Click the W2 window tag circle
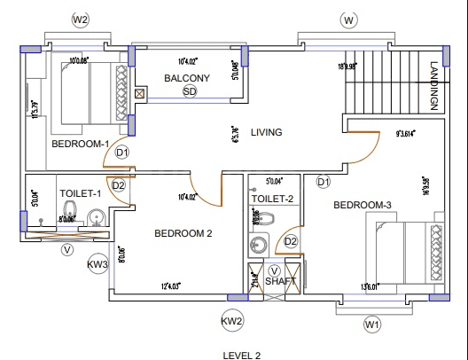click(82, 19)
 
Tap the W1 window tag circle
click(372, 325)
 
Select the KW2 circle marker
click(232, 320)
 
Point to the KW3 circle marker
click(97, 264)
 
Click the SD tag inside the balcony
click(188, 91)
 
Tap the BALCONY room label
click(187, 78)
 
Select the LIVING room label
click(266, 132)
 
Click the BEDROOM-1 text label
click(80, 144)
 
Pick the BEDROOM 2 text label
click(183, 234)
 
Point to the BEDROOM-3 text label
click(362, 205)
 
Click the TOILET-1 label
click(81, 192)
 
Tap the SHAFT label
click(280, 281)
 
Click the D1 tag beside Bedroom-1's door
click(122, 153)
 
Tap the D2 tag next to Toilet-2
click(290, 241)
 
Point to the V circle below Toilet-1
click(66, 249)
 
